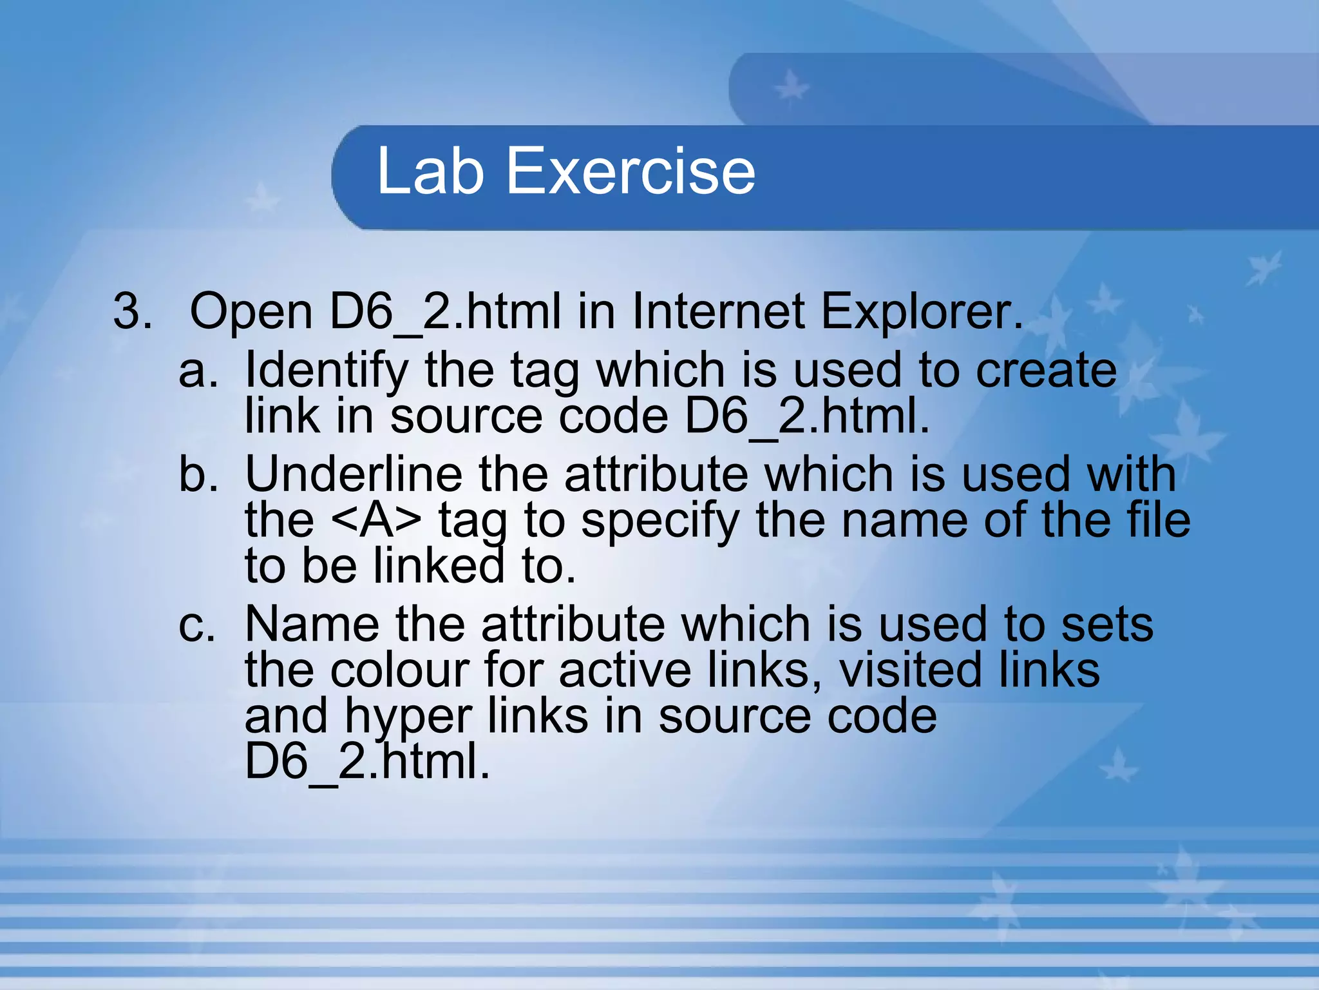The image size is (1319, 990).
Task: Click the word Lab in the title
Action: click(430, 171)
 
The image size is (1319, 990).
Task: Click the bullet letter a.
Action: click(197, 371)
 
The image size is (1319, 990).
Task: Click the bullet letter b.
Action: click(197, 474)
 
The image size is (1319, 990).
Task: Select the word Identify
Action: click(327, 372)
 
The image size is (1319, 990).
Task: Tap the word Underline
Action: click(354, 474)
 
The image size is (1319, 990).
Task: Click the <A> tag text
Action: click(377, 520)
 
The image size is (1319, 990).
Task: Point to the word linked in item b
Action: click(439, 566)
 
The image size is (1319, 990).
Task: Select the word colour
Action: click(400, 670)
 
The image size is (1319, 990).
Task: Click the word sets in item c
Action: click(1107, 625)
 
